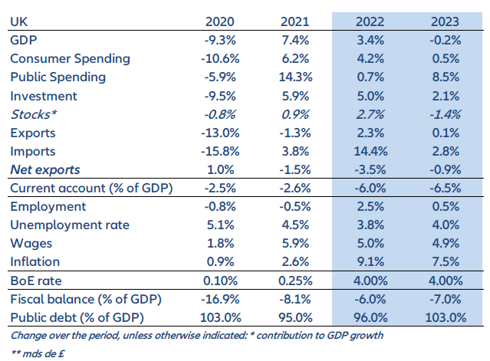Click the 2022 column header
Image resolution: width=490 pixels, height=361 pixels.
click(x=371, y=21)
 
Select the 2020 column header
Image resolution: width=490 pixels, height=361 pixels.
click(x=211, y=21)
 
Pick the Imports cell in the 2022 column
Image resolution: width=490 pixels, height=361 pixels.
click(x=371, y=151)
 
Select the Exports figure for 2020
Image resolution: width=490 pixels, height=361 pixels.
click(x=211, y=133)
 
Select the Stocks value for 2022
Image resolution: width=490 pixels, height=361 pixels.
click(x=371, y=114)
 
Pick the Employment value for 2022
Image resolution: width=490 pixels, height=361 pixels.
click(x=371, y=207)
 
